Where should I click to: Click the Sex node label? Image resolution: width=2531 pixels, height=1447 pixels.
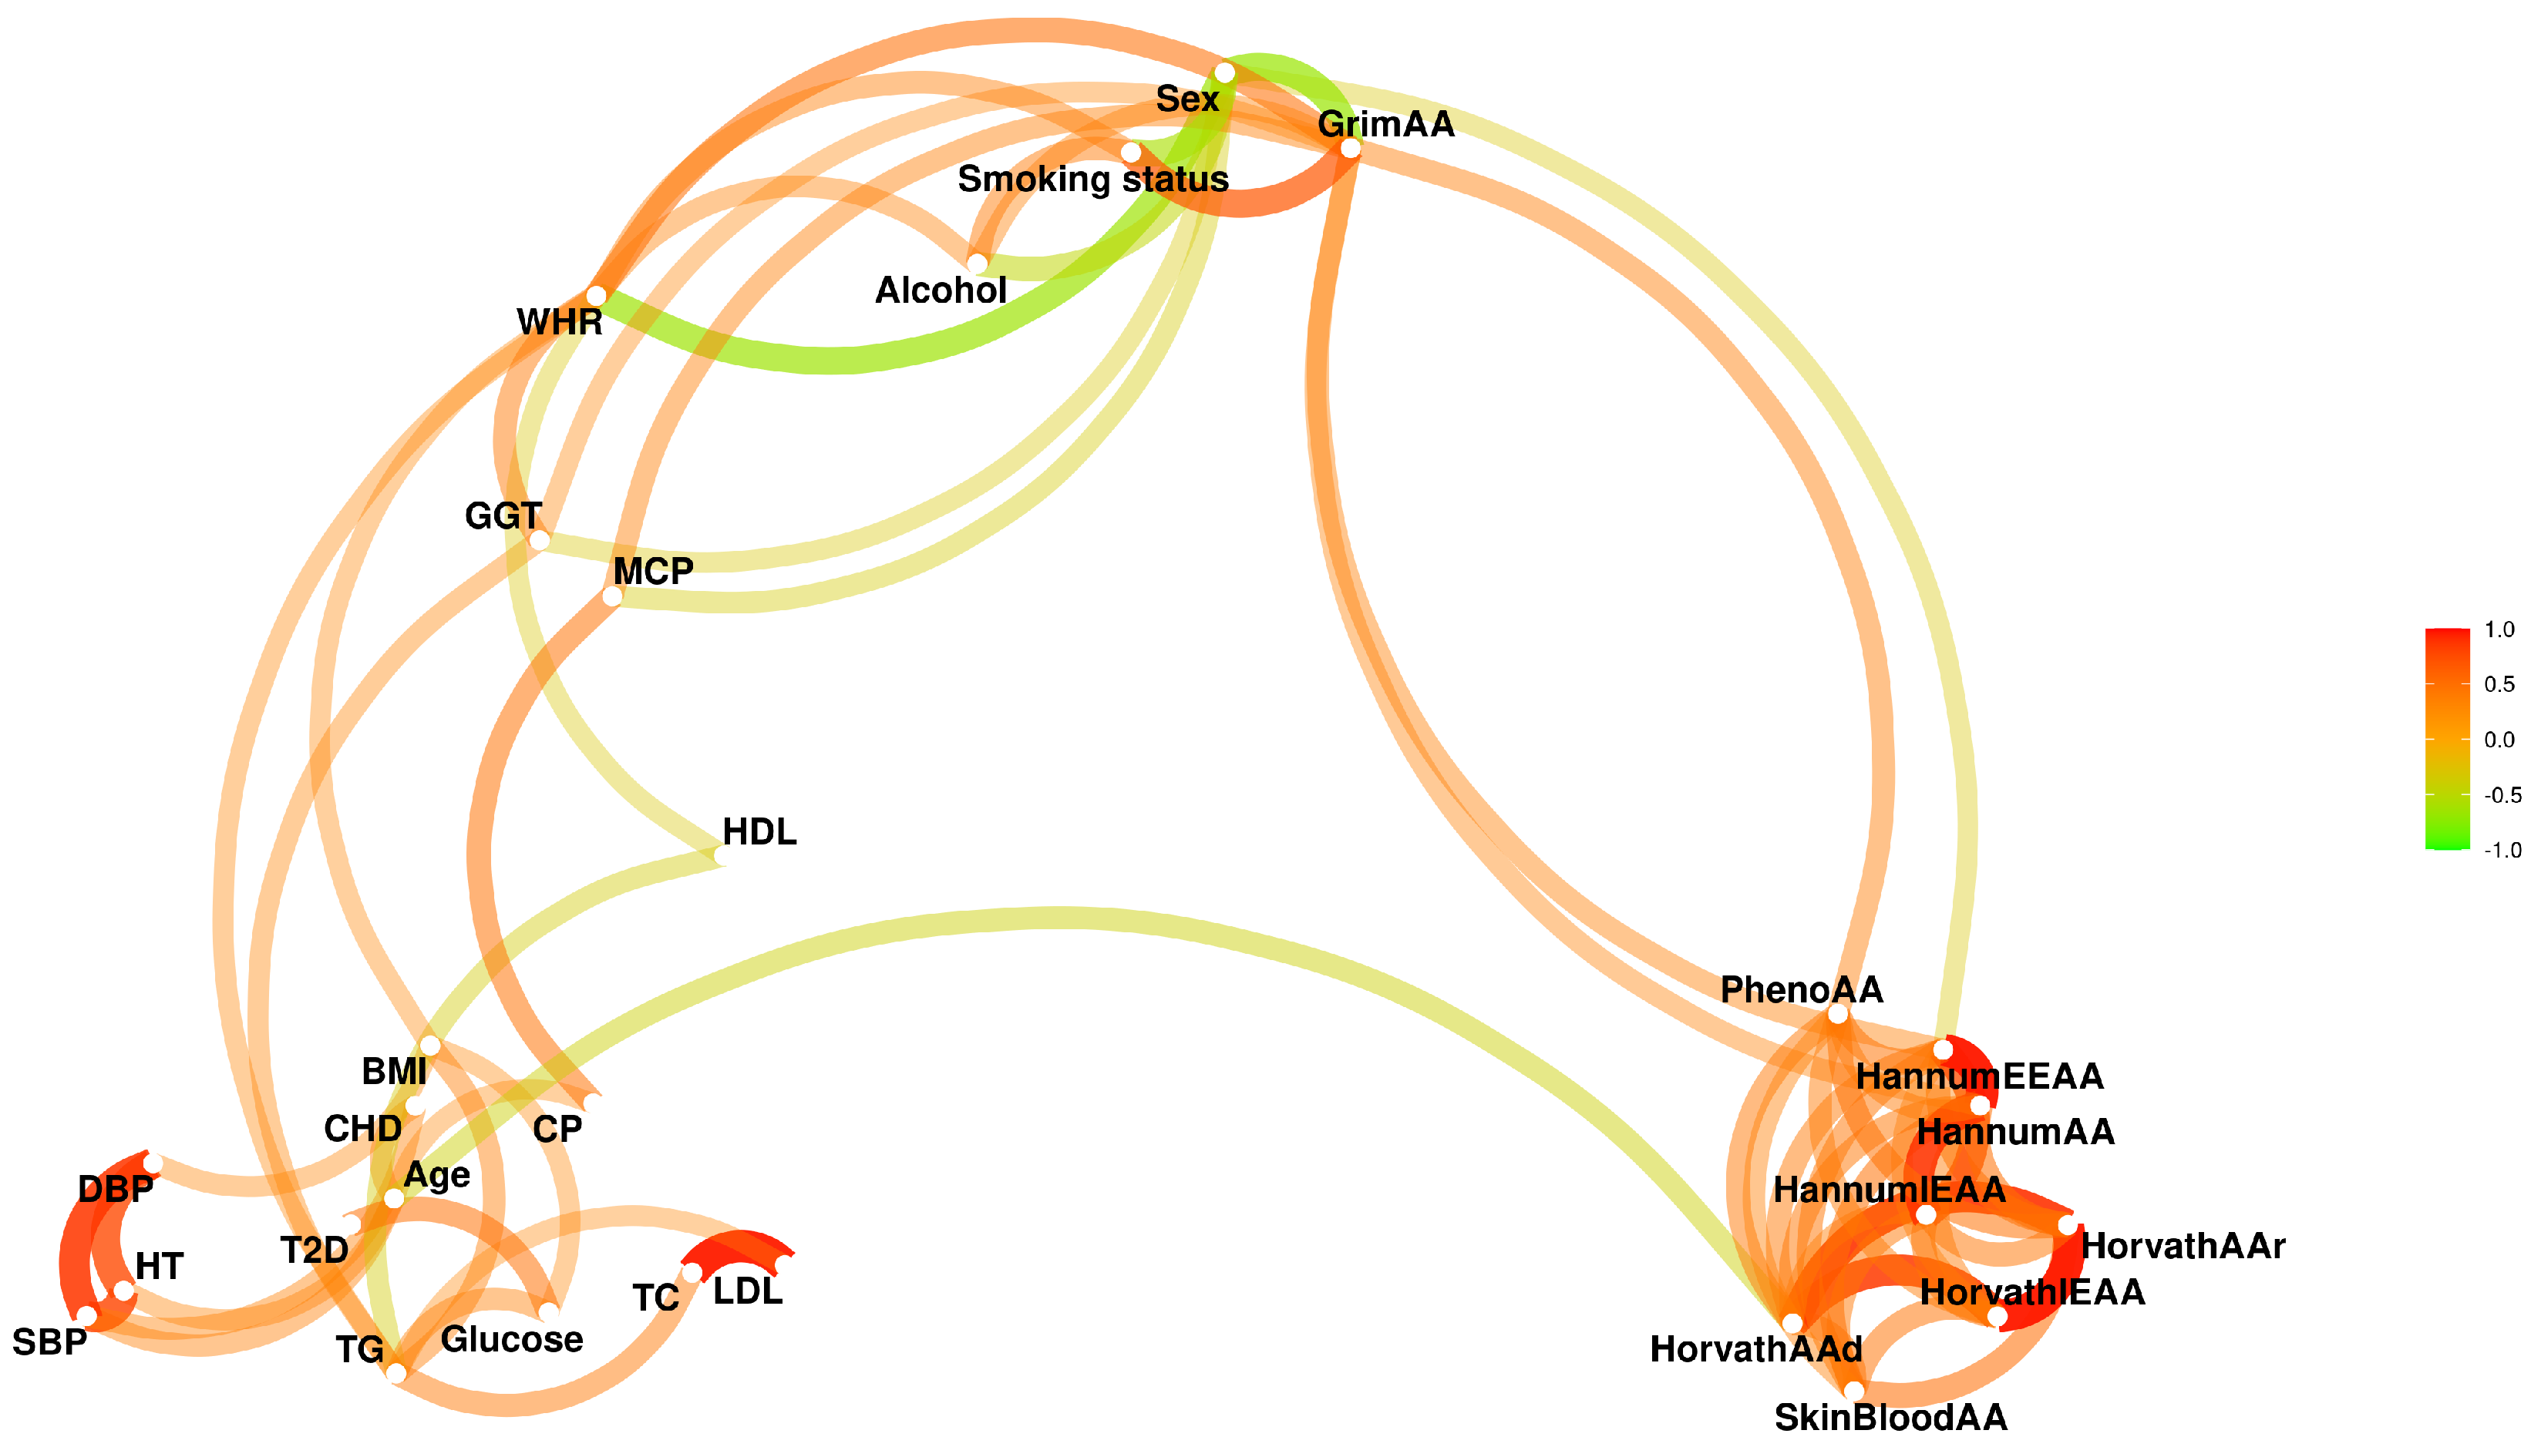pos(1187,99)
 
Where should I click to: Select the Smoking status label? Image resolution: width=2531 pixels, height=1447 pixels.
pos(1092,180)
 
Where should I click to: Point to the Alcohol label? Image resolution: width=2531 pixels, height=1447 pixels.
pos(941,291)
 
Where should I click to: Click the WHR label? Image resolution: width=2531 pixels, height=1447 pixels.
pos(559,323)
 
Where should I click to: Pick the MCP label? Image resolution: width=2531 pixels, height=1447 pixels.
pos(652,572)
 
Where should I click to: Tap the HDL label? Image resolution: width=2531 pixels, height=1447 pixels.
pos(759,833)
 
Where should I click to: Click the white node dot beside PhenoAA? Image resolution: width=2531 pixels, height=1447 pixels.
pos(1837,1014)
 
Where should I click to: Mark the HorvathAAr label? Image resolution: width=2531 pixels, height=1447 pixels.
pos(2183,1246)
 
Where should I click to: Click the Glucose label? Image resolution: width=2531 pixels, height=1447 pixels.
pos(511,1341)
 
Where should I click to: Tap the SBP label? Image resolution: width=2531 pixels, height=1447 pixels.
pos(49,1344)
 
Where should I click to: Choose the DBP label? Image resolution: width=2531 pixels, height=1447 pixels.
pos(116,1190)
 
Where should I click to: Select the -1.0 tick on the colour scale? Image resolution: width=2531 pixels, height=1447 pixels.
pos(2501,851)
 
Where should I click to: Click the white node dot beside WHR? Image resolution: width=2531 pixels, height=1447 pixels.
pos(595,296)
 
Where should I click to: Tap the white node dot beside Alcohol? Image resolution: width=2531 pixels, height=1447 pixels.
pos(978,264)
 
